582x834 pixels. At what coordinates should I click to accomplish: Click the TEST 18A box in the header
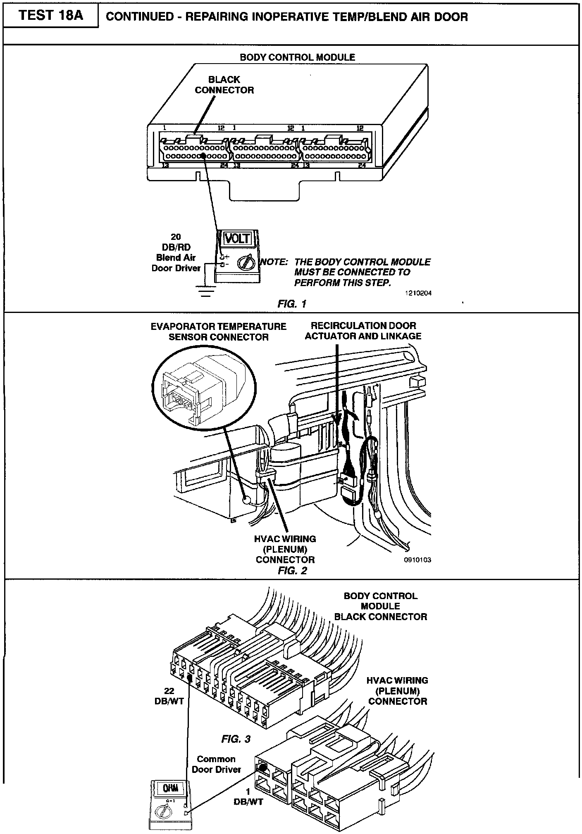coord(51,16)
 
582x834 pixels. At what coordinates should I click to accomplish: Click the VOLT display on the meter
coord(237,238)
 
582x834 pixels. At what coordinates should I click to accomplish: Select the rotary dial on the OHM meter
coord(162,812)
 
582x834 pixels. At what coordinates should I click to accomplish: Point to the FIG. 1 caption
coord(292,304)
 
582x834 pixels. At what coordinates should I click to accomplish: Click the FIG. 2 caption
coord(292,571)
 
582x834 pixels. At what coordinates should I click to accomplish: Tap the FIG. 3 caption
coord(236,739)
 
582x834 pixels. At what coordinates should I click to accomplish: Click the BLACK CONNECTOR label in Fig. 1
coord(224,85)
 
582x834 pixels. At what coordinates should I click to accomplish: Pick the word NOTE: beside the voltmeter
coord(273,262)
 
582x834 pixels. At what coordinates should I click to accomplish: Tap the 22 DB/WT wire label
coord(169,696)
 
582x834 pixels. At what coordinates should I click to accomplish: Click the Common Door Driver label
coord(216,764)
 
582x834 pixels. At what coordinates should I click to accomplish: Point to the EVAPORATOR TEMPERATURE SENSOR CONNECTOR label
coord(218,332)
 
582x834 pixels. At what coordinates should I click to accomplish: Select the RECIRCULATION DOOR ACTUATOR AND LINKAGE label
coord(363,331)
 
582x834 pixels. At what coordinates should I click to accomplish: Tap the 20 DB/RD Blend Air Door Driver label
coord(176,252)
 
